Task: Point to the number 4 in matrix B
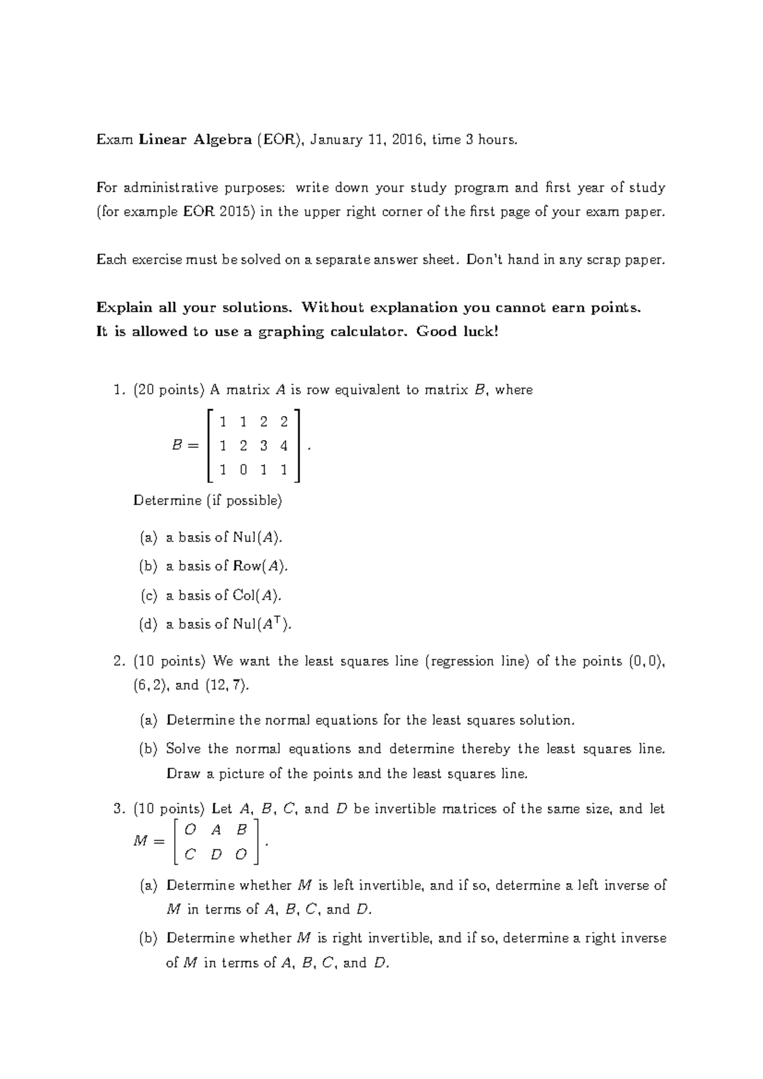[x=284, y=446]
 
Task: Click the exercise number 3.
[x=117, y=809]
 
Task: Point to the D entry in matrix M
[x=216, y=855]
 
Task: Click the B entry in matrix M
[x=241, y=830]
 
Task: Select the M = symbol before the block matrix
[x=149, y=841]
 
